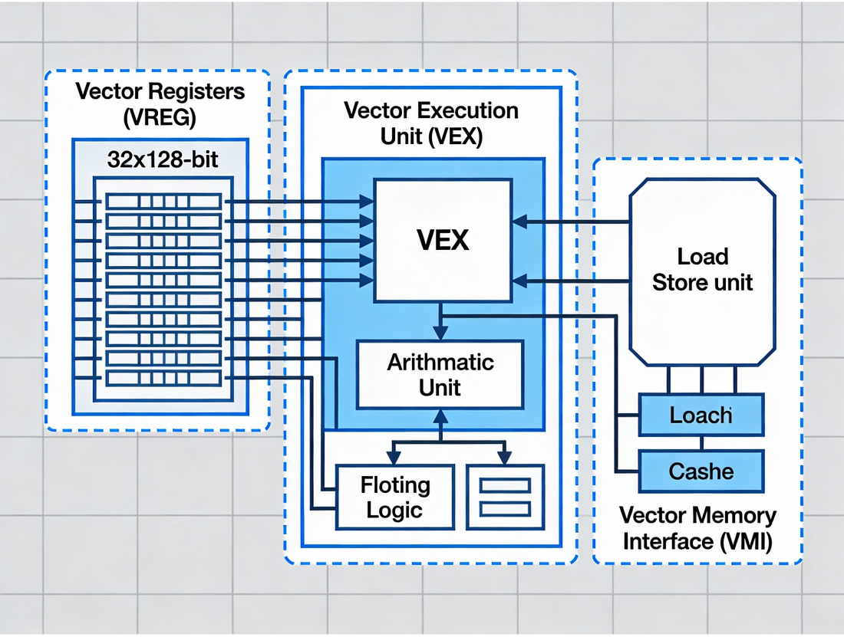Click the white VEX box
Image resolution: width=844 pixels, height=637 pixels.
tap(443, 240)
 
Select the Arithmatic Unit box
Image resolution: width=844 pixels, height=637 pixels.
tap(440, 375)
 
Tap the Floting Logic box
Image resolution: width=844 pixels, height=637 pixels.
tap(395, 497)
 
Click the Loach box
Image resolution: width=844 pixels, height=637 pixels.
tap(701, 415)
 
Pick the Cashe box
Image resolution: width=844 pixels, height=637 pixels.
tap(701, 471)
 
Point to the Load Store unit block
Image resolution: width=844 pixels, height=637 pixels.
tap(702, 271)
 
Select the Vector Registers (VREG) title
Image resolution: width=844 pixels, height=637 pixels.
tap(160, 104)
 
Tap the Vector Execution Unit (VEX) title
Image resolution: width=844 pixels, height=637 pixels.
tap(430, 123)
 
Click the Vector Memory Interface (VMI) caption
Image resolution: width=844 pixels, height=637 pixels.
tap(697, 528)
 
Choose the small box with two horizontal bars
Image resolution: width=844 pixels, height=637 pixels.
tap(504, 497)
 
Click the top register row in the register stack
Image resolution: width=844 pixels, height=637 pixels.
tap(163, 202)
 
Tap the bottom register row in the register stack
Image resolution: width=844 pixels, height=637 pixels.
tap(163, 378)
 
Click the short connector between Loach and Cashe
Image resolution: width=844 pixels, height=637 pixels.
tap(701, 443)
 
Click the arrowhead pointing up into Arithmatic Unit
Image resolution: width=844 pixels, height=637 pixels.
tap(440, 417)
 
